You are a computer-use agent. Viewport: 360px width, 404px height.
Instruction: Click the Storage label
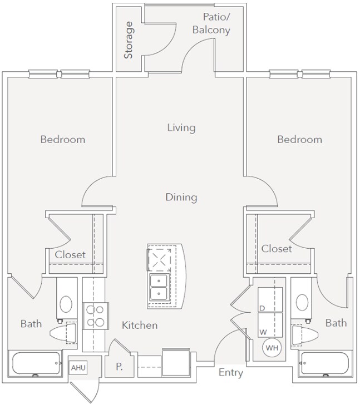[x=129, y=40]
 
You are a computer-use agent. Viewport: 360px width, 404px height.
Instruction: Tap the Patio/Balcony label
[x=211, y=23]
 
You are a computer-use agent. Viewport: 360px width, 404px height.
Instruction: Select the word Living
[x=181, y=128]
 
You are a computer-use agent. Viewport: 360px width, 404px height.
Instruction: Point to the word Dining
[x=181, y=198]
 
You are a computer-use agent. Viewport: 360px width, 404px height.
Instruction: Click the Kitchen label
[x=140, y=325]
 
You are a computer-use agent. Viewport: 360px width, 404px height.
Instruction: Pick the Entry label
[x=231, y=373]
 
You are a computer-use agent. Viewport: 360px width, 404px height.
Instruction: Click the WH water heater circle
[x=272, y=348]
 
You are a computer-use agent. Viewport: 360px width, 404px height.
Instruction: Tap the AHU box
[x=78, y=368]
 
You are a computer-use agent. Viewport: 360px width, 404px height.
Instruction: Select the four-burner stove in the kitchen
[x=95, y=316]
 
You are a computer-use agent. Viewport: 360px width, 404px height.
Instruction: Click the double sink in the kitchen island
[x=159, y=287]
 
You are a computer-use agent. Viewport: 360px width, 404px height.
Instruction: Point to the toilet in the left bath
[x=63, y=333]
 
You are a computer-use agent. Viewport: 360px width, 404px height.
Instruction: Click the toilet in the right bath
[x=305, y=334]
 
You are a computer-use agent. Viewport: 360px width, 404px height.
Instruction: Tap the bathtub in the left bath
[x=36, y=363]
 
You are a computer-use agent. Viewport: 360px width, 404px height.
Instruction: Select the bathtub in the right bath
[x=324, y=364]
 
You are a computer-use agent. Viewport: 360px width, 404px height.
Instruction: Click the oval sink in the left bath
[x=66, y=304]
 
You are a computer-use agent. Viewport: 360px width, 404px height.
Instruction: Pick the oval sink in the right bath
[x=302, y=302]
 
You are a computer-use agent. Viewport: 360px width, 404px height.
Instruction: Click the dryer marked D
[x=270, y=299]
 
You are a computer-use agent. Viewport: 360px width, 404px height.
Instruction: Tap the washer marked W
[x=270, y=324]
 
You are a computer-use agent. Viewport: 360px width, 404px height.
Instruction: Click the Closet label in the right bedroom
[x=277, y=249]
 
